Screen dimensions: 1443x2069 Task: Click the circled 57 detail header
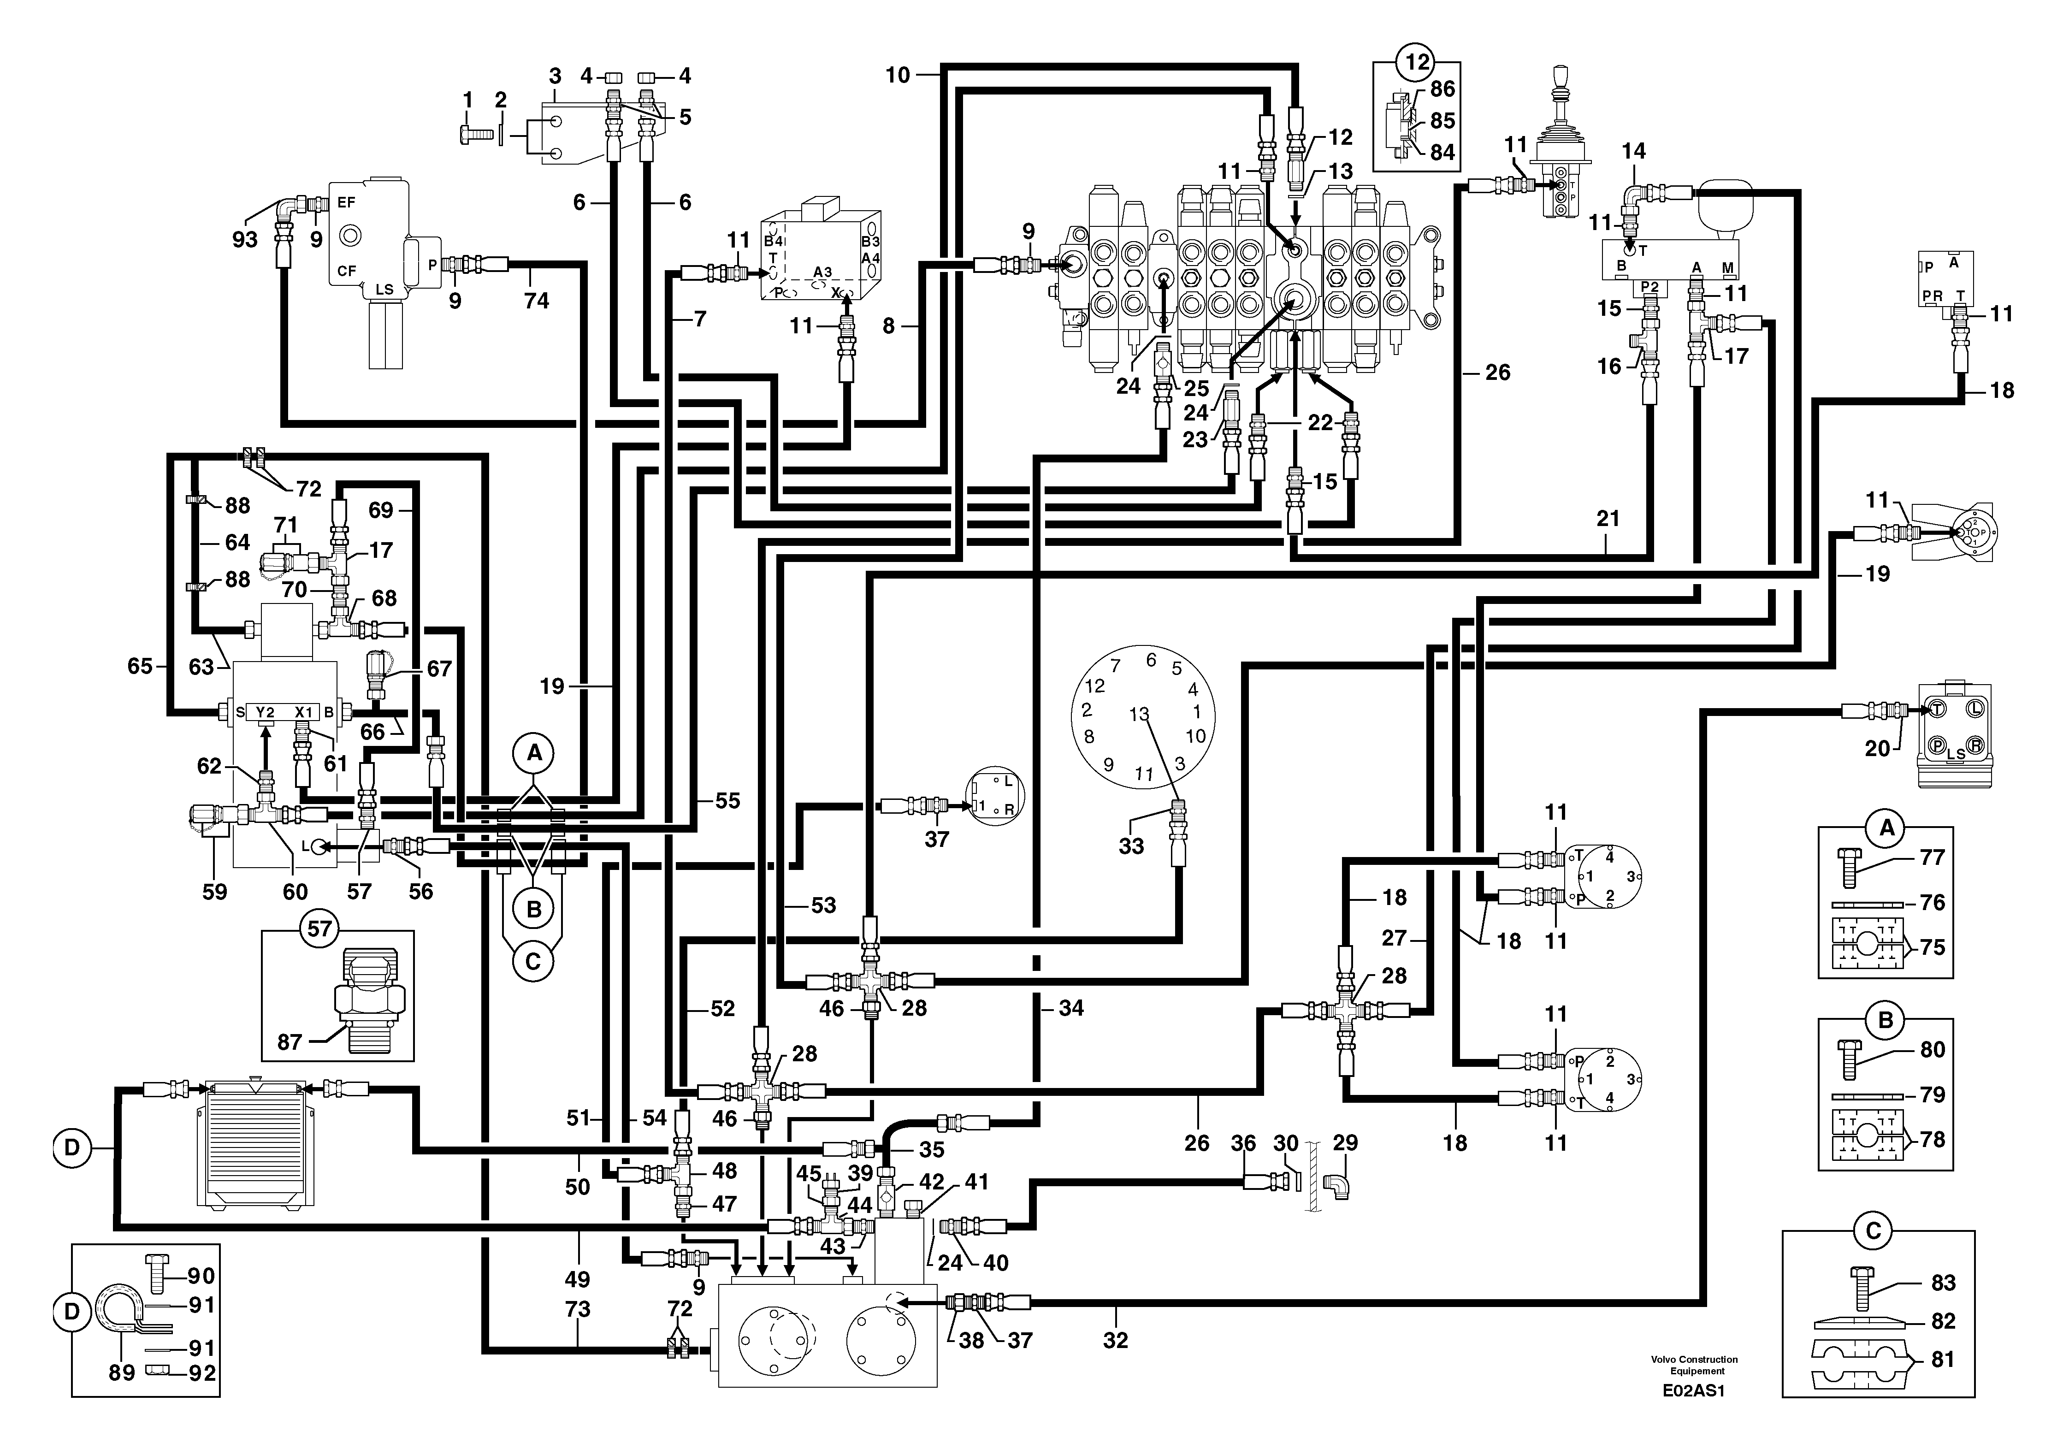click(x=320, y=928)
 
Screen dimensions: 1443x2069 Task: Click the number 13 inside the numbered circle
click(x=1139, y=714)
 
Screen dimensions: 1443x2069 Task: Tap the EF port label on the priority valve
click(x=346, y=203)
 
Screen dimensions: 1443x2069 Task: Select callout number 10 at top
click(x=898, y=75)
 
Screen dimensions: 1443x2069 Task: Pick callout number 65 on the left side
click(x=140, y=667)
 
